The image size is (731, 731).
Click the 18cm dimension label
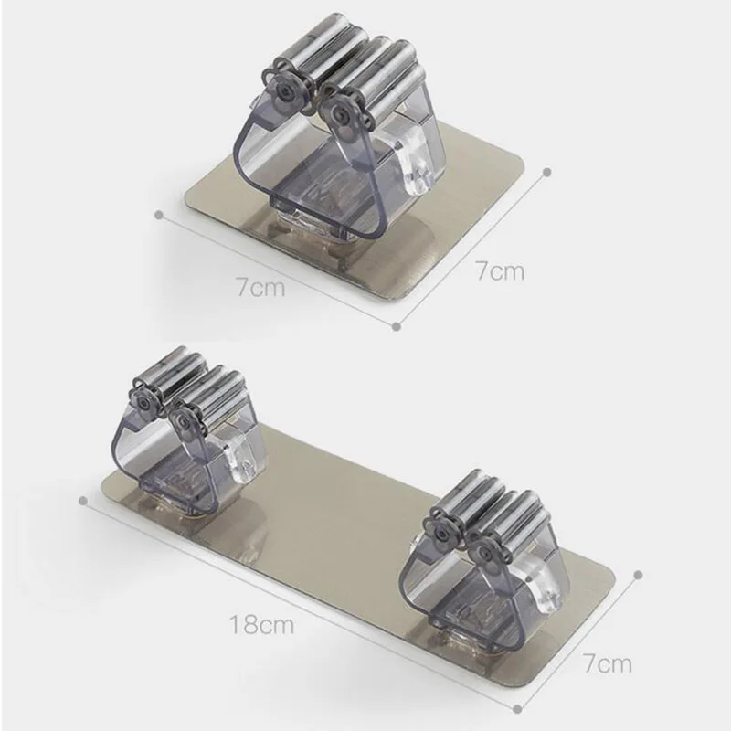261,624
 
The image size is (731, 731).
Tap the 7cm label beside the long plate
608,663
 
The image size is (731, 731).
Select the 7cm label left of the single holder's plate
260,287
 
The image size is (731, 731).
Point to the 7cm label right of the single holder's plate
499,270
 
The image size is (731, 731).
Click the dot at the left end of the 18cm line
83,501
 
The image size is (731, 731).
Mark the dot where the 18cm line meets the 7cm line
517,710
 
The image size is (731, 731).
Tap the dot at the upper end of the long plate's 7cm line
639,575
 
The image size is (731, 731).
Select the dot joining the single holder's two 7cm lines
397,326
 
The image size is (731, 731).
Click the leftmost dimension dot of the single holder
159,215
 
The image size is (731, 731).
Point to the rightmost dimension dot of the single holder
547,172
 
